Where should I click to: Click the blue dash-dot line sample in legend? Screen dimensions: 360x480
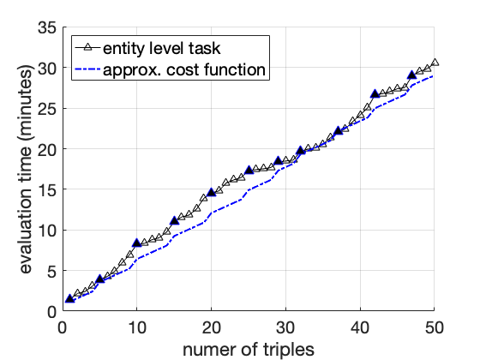point(87,69)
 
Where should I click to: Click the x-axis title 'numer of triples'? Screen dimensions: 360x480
point(248,347)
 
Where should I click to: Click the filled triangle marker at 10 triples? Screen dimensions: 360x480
point(136,243)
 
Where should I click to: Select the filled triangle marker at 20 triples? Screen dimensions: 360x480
point(211,193)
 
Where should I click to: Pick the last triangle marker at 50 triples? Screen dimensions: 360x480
point(435,63)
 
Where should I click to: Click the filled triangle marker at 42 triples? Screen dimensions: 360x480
point(375,94)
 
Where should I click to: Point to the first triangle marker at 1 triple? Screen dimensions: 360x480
point(69,298)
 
